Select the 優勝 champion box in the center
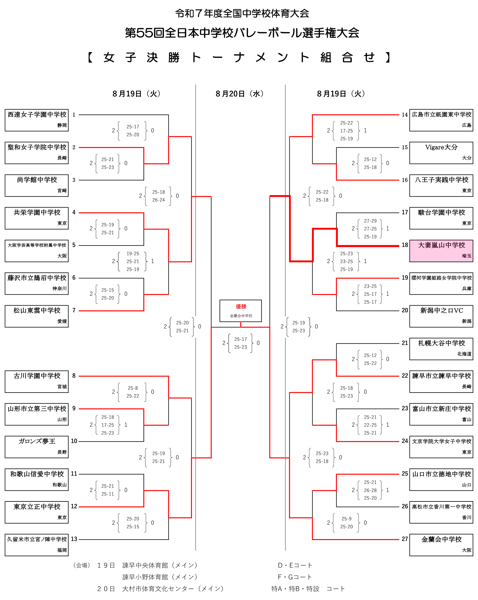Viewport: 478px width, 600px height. click(240, 310)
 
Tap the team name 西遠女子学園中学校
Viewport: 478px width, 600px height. click(37, 115)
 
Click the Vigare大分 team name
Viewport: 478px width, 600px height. click(441, 147)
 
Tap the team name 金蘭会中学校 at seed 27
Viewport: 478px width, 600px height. click(441, 539)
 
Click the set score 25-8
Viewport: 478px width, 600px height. click(133, 388)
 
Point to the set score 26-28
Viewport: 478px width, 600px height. click(370, 490)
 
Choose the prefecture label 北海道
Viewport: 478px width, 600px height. click(464, 354)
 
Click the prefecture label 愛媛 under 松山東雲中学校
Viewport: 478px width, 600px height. click(62, 321)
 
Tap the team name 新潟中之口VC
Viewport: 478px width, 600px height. click(441, 310)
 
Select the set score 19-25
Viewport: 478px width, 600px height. click(133, 253)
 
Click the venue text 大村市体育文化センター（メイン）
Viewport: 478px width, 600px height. click(173, 589)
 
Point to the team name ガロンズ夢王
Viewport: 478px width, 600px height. click(37, 441)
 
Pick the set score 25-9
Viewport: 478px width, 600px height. click(346, 519)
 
